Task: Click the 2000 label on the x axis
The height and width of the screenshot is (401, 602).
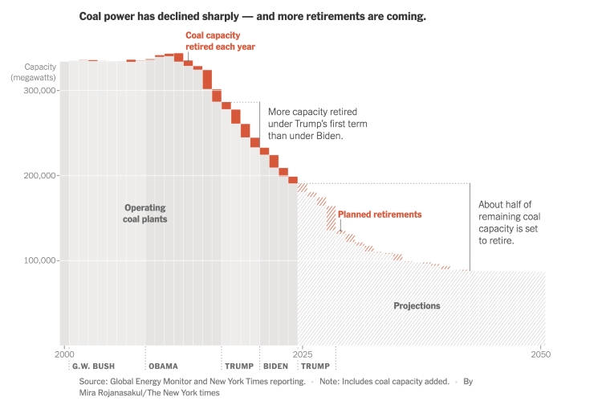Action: click(x=63, y=354)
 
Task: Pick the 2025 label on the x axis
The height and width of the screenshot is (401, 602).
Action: click(x=301, y=354)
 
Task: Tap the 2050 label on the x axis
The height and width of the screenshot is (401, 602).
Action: click(x=541, y=354)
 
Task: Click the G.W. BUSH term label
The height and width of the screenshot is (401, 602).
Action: click(x=93, y=366)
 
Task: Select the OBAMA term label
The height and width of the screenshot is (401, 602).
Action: click(x=163, y=366)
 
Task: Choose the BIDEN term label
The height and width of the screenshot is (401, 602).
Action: click(x=275, y=366)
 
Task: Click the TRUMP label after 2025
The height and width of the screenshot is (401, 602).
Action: click(x=315, y=366)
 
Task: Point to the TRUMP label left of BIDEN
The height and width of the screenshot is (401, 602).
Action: click(x=238, y=366)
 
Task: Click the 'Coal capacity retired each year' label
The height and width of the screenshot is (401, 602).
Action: click(x=220, y=41)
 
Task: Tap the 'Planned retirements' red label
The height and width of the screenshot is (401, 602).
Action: click(x=379, y=215)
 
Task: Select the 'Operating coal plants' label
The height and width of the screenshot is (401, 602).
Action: click(x=145, y=213)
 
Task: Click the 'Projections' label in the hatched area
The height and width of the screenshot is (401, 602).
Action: click(x=417, y=306)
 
